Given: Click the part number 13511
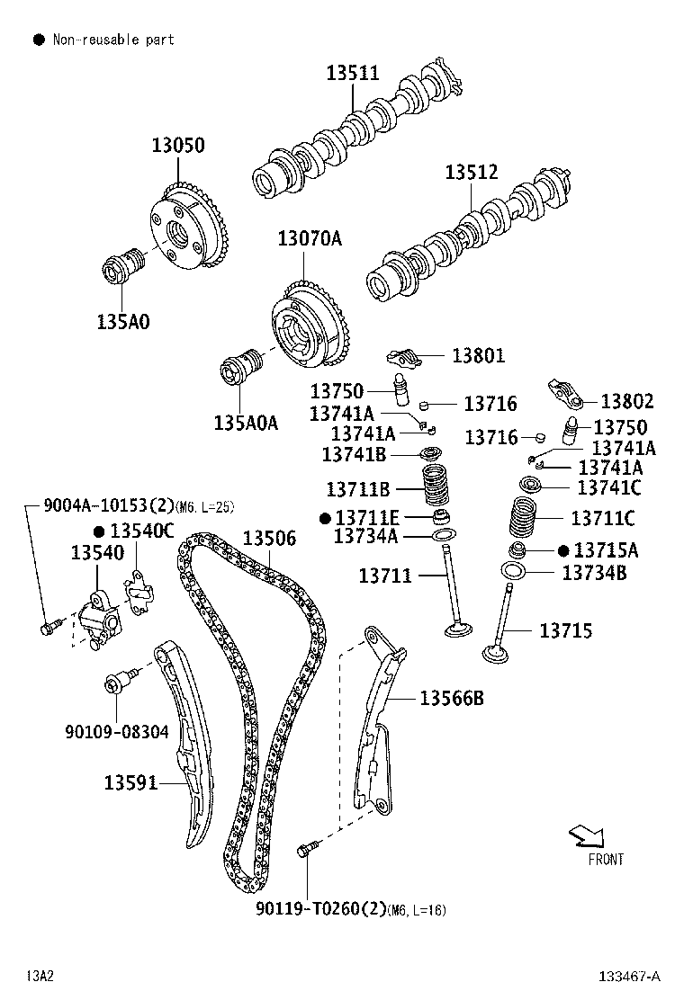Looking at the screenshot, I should (x=352, y=74).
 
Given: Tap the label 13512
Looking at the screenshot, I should (x=471, y=174).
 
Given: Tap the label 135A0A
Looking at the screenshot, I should (x=246, y=422).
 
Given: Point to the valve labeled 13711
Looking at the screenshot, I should (x=454, y=594).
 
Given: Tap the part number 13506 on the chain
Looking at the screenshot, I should (x=269, y=539).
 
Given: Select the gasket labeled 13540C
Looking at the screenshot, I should (x=139, y=594).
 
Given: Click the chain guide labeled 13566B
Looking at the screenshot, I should (x=378, y=719).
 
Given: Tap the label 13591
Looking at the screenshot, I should (x=131, y=782).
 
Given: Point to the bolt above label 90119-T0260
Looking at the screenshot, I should (x=308, y=847).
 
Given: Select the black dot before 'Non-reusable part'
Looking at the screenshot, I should (x=39, y=40).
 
